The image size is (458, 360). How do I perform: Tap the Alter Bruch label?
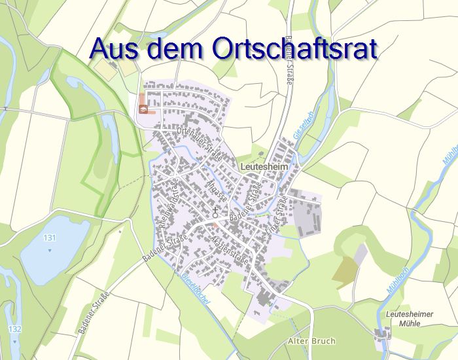311,341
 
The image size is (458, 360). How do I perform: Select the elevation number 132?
14,327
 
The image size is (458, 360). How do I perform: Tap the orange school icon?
143,108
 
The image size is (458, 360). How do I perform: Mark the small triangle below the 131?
49,248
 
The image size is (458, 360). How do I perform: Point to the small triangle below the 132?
14,337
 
